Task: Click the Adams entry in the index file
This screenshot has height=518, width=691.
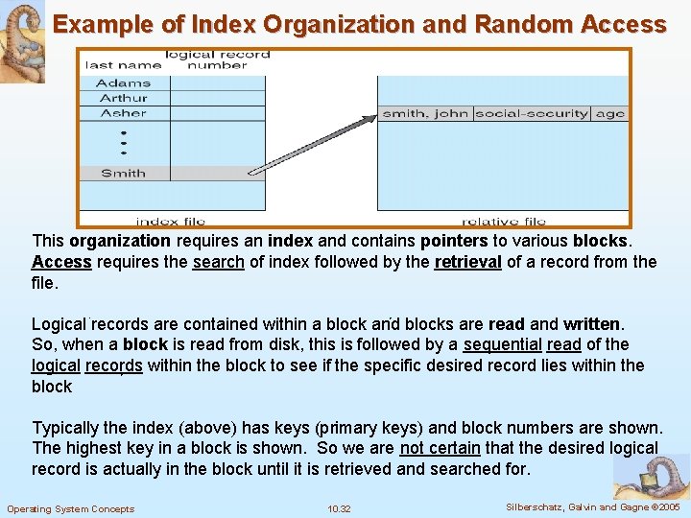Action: point(123,83)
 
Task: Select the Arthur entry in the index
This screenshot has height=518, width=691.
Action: point(123,98)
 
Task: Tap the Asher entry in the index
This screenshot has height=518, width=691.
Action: point(123,113)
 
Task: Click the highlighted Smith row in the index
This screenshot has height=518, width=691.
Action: point(123,174)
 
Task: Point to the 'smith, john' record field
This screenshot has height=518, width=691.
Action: point(425,113)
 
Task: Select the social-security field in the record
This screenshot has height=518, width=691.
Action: point(532,113)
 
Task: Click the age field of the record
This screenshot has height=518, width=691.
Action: point(609,113)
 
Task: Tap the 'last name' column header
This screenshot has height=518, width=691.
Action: point(123,65)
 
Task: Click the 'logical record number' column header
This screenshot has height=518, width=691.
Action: point(217,59)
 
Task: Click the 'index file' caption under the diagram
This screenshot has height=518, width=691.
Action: point(171,222)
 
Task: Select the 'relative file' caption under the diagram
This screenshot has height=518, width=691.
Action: point(504,222)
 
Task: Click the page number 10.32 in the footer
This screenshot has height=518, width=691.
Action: point(339,508)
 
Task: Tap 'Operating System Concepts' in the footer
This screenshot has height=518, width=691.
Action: point(70,508)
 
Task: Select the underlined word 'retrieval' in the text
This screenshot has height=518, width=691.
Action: point(468,262)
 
